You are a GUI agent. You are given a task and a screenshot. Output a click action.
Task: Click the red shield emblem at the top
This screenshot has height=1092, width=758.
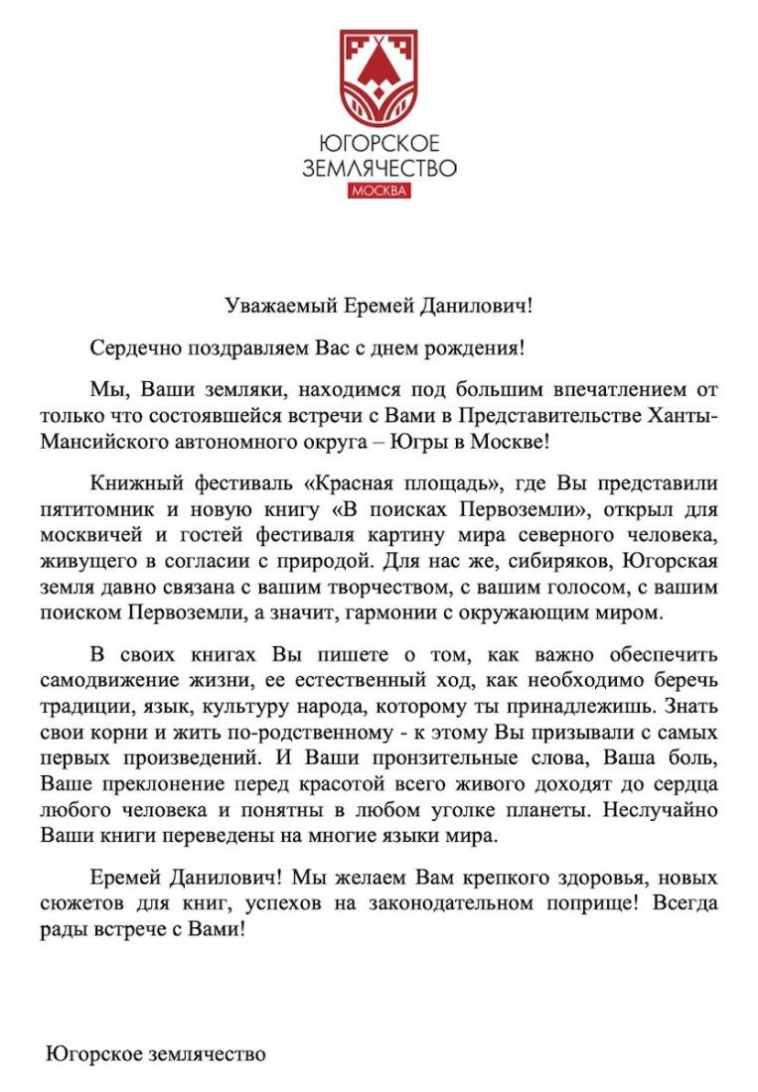[379, 73]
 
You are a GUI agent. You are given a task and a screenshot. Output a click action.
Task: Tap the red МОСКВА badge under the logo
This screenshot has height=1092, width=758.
[379, 191]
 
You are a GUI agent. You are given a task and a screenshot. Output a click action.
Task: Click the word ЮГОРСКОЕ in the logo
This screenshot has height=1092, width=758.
[379, 144]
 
